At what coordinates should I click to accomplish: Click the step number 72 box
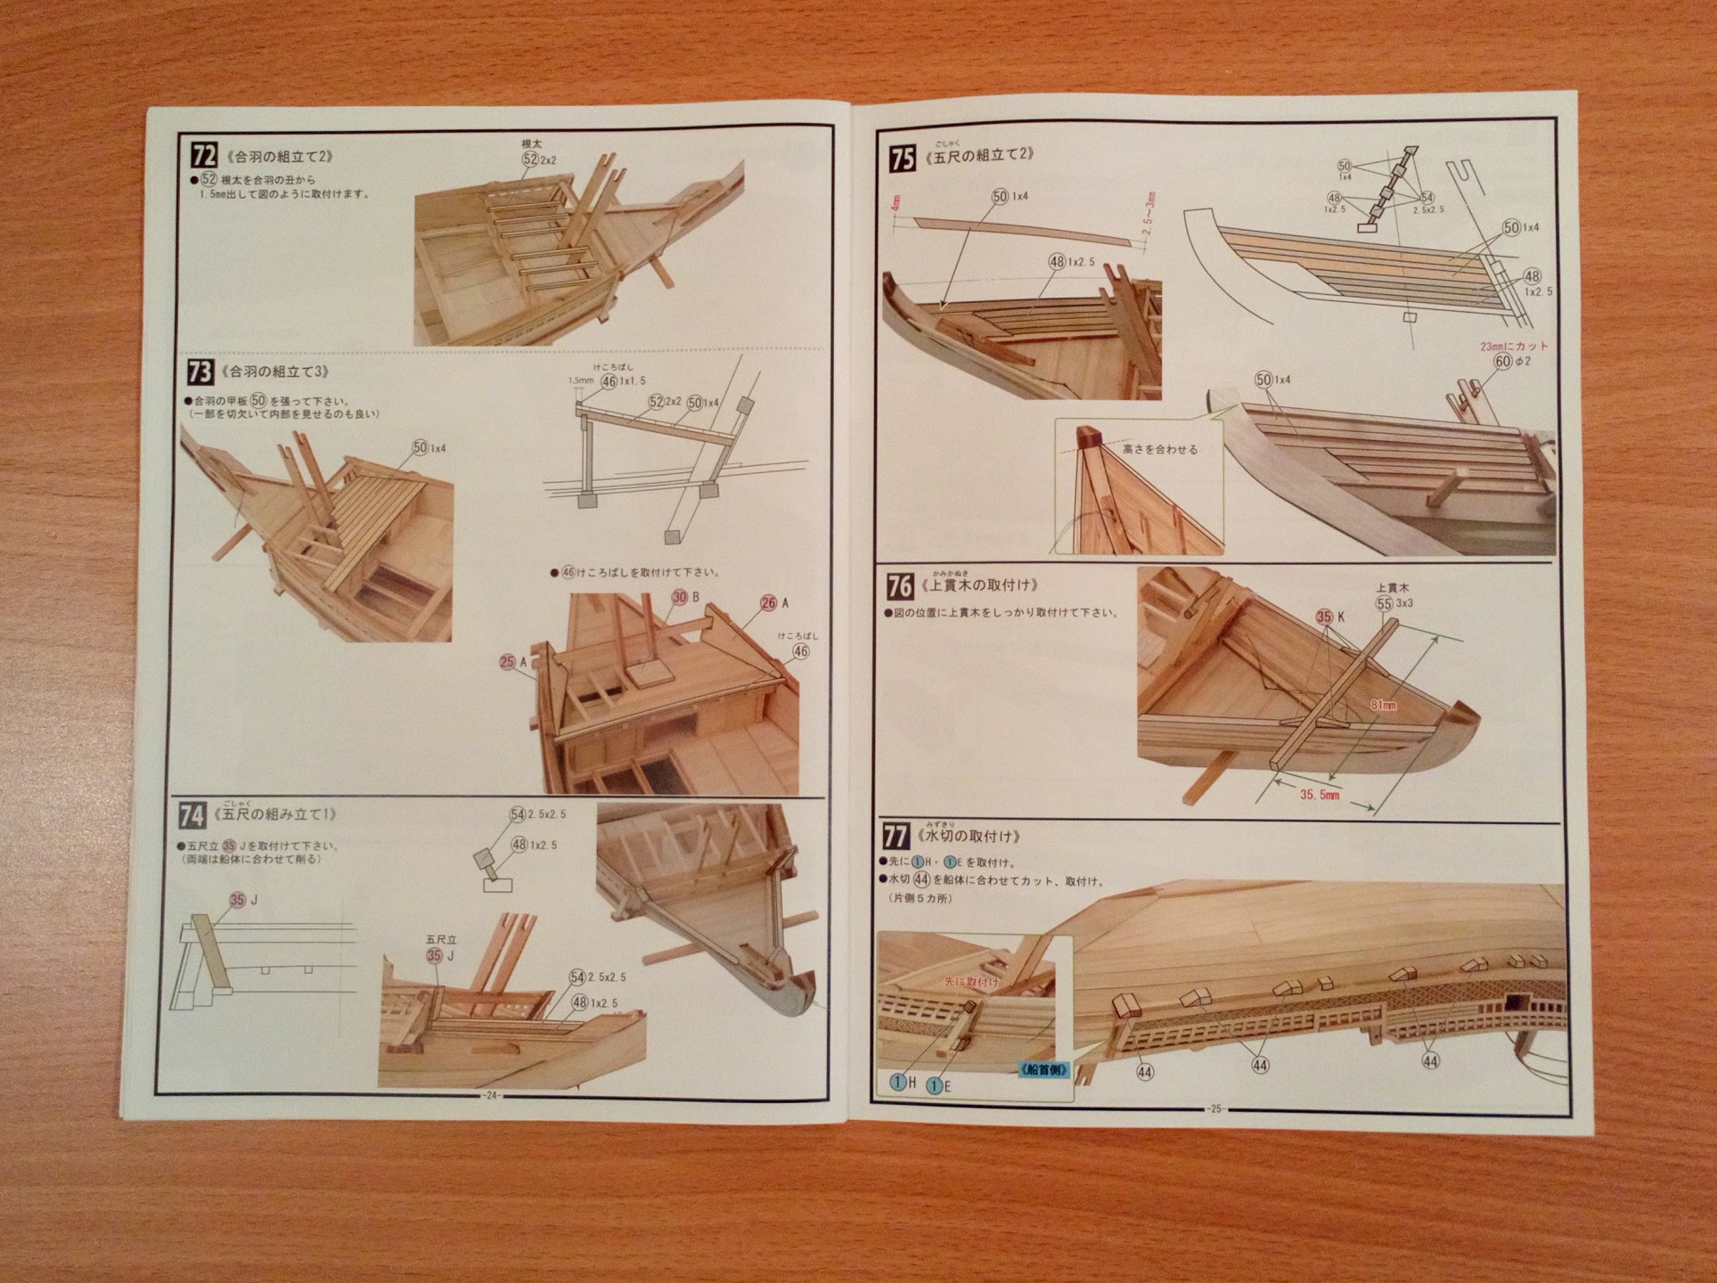click(204, 155)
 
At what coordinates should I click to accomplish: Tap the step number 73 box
click(200, 371)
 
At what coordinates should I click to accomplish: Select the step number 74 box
click(192, 815)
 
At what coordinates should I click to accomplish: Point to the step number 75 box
click(902, 159)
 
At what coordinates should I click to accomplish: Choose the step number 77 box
click(895, 837)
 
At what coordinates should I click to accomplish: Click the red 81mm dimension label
click(1383, 705)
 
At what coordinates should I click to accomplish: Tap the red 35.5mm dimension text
click(1319, 794)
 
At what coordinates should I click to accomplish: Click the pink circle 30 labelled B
click(680, 597)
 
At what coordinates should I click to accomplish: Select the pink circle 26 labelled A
click(769, 603)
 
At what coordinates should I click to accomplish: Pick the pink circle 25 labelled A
click(508, 662)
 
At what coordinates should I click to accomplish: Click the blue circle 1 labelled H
click(898, 1082)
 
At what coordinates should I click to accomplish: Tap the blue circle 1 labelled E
click(935, 1085)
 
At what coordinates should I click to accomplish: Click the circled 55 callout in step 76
click(1384, 603)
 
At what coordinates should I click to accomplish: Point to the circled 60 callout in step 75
click(1503, 362)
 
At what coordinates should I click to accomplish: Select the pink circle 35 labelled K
click(1324, 617)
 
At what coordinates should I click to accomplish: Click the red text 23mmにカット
click(1514, 346)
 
